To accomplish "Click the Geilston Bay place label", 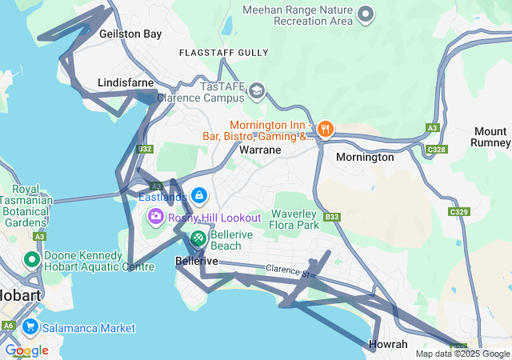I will click(x=130, y=34).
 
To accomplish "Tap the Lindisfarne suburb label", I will click(x=124, y=82).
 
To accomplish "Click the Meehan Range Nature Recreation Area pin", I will click(x=366, y=14).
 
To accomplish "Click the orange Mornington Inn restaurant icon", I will click(x=325, y=129).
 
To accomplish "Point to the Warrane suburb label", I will click(x=260, y=150).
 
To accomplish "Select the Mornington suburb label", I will click(x=365, y=158).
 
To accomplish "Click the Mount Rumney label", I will click(x=490, y=137).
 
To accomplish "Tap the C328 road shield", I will click(x=437, y=150).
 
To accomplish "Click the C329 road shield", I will click(x=458, y=212).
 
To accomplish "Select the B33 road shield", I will click(x=332, y=217).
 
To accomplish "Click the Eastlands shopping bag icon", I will click(x=198, y=195).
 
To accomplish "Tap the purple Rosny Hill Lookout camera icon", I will click(x=156, y=217).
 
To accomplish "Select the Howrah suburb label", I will click(x=389, y=344).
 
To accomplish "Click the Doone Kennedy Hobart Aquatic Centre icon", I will click(x=32, y=260).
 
